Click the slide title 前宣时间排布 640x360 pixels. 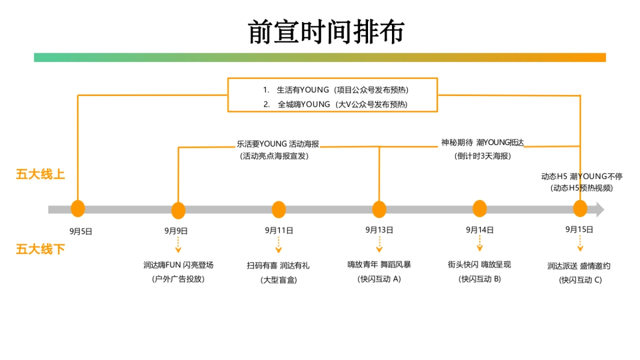point(326,32)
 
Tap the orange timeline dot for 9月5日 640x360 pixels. point(78,209)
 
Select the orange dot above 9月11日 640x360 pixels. point(279,209)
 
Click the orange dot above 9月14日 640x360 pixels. point(479,209)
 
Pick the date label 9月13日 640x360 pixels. point(379,230)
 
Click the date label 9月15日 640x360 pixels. point(579,229)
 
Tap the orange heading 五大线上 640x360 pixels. point(41,174)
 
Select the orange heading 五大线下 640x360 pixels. point(41,249)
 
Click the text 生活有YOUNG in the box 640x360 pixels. point(303,90)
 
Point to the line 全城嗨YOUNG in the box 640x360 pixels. point(304,105)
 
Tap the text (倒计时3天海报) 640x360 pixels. point(483,156)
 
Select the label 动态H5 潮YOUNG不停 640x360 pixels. point(581,177)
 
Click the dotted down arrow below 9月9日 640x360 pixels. point(178,245)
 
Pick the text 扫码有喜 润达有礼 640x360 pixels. point(278,266)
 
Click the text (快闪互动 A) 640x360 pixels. point(379,278)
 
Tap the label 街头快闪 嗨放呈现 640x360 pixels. point(479,264)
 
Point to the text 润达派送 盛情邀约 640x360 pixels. point(579,266)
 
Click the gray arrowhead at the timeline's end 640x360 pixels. point(600,209)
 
